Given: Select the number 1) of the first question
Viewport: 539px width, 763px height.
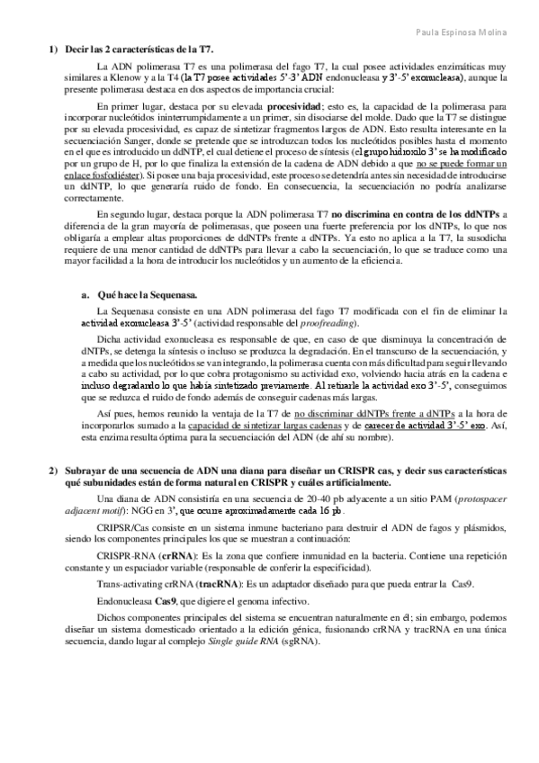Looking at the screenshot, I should [53, 50].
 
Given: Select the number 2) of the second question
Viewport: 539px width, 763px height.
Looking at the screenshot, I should [53, 472].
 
